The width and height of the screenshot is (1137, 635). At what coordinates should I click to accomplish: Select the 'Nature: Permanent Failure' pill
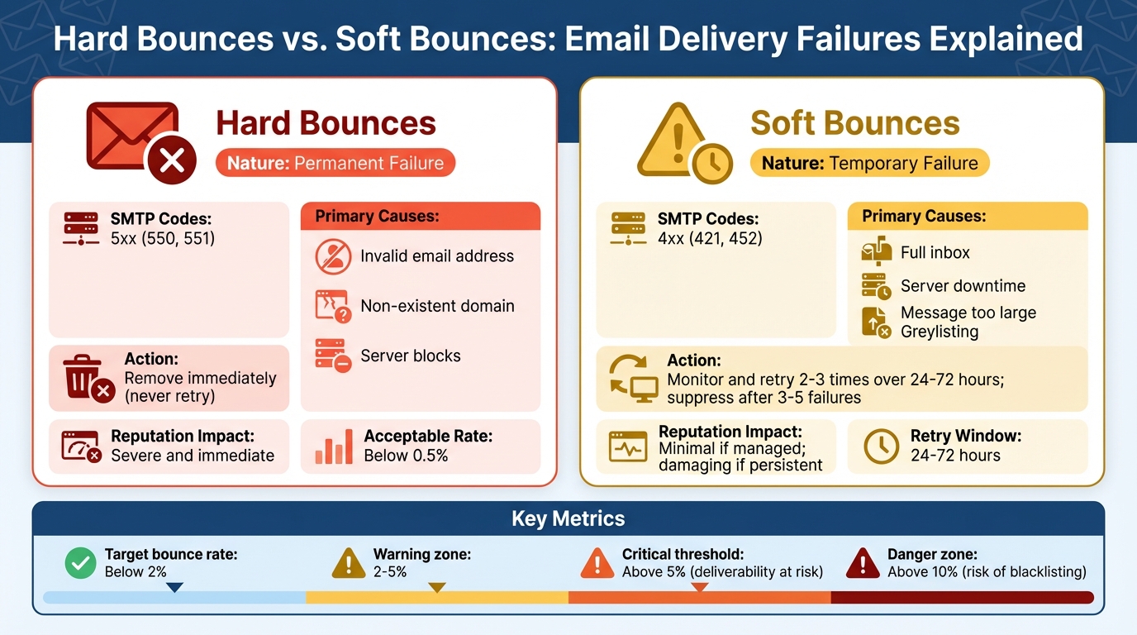[x=335, y=163]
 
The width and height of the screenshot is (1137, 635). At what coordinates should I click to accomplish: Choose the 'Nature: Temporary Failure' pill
[x=869, y=163]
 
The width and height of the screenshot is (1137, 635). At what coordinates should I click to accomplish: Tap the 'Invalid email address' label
[x=437, y=256]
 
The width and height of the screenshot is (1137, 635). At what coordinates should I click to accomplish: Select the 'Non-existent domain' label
[x=437, y=306]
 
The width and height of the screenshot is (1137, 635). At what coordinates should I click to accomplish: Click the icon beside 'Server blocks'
[x=333, y=356]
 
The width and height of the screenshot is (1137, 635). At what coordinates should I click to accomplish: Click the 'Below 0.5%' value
[x=406, y=456]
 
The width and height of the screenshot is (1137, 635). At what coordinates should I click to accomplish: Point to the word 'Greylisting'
[x=940, y=332]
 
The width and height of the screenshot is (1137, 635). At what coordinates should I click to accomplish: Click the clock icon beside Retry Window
[x=881, y=446]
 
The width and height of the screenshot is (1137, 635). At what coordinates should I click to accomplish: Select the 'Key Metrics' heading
[x=568, y=519]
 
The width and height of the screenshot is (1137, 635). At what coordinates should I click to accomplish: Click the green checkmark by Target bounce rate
[x=80, y=563]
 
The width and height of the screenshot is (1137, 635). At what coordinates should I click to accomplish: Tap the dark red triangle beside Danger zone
[x=863, y=563]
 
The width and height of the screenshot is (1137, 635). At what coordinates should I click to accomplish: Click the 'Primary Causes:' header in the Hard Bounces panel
[x=378, y=217]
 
